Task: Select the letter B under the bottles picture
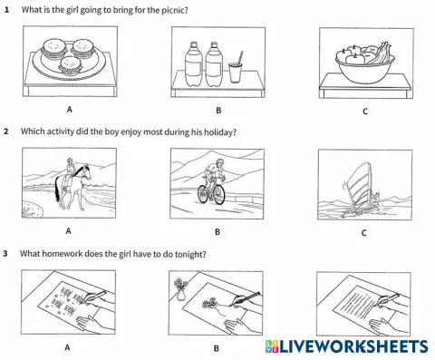coord(217,111)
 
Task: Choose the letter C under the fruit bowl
coord(362,111)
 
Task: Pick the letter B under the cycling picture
coord(217,231)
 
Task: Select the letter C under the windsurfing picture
coord(362,232)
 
